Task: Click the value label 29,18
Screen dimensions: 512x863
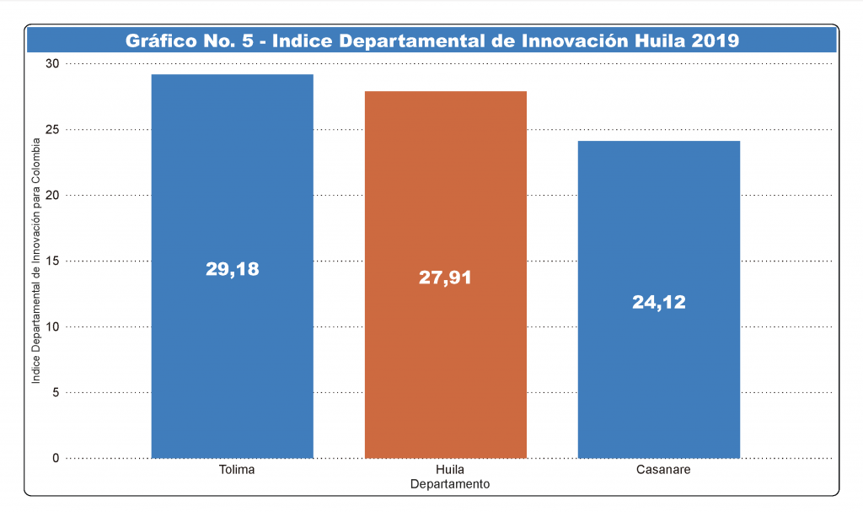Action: pyautogui.click(x=232, y=269)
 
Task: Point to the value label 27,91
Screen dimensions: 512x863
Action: pyautogui.click(x=445, y=278)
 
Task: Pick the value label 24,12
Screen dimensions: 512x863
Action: pyautogui.click(x=659, y=302)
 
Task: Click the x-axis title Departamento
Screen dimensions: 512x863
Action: pyautogui.click(x=450, y=484)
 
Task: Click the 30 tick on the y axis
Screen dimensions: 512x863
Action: pyautogui.click(x=52, y=64)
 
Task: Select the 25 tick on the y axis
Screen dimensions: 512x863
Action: pyautogui.click(x=52, y=130)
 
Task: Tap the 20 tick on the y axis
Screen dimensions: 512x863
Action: pyautogui.click(x=52, y=196)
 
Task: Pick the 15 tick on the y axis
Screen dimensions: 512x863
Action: pyautogui.click(x=52, y=261)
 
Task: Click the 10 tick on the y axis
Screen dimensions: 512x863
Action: pyautogui.click(x=52, y=327)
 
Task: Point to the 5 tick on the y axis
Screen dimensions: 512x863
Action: pyautogui.click(x=56, y=393)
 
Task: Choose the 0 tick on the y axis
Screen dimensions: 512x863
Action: pyautogui.click(x=56, y=459)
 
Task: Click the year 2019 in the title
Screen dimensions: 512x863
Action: pyautogui.click(x=715, y=40)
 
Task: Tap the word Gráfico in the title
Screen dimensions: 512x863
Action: pyautogui.click(x=158, y=40)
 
